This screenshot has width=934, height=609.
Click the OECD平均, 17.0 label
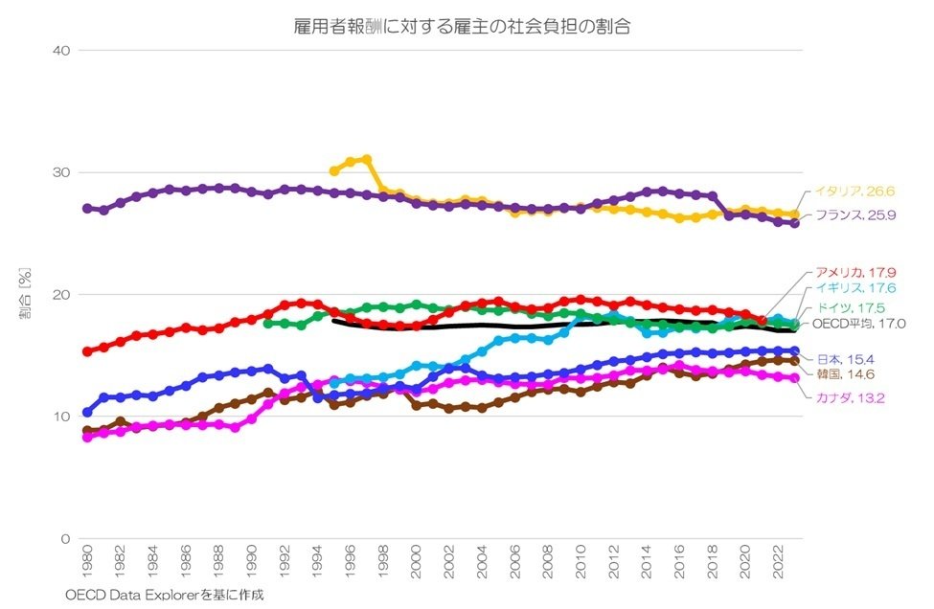(x=859, y=324)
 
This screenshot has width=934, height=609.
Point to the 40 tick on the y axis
(x=62, y=50)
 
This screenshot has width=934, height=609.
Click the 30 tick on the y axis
(x=62, y=172)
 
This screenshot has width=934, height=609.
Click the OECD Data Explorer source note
(x=164, y=595)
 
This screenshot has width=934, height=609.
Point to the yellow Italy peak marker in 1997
(x=367, y=160)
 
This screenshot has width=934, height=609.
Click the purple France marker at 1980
(x=87, y=208)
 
